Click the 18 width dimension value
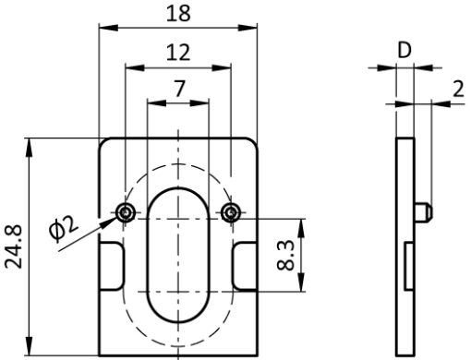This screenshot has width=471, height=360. click(178, 14)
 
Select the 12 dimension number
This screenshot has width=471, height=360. click(178, 53)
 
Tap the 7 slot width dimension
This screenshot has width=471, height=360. click(179, 89)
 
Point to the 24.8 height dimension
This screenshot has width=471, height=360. click(14, 246)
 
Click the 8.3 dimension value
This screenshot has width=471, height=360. click(286, 256)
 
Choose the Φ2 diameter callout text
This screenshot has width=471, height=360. click(63, 228)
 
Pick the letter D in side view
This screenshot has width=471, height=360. click(405, 50)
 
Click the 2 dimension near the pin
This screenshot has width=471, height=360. click(458, 90)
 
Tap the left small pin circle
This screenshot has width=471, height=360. click(126, 212)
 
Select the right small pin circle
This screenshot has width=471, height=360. click(231, 212)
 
